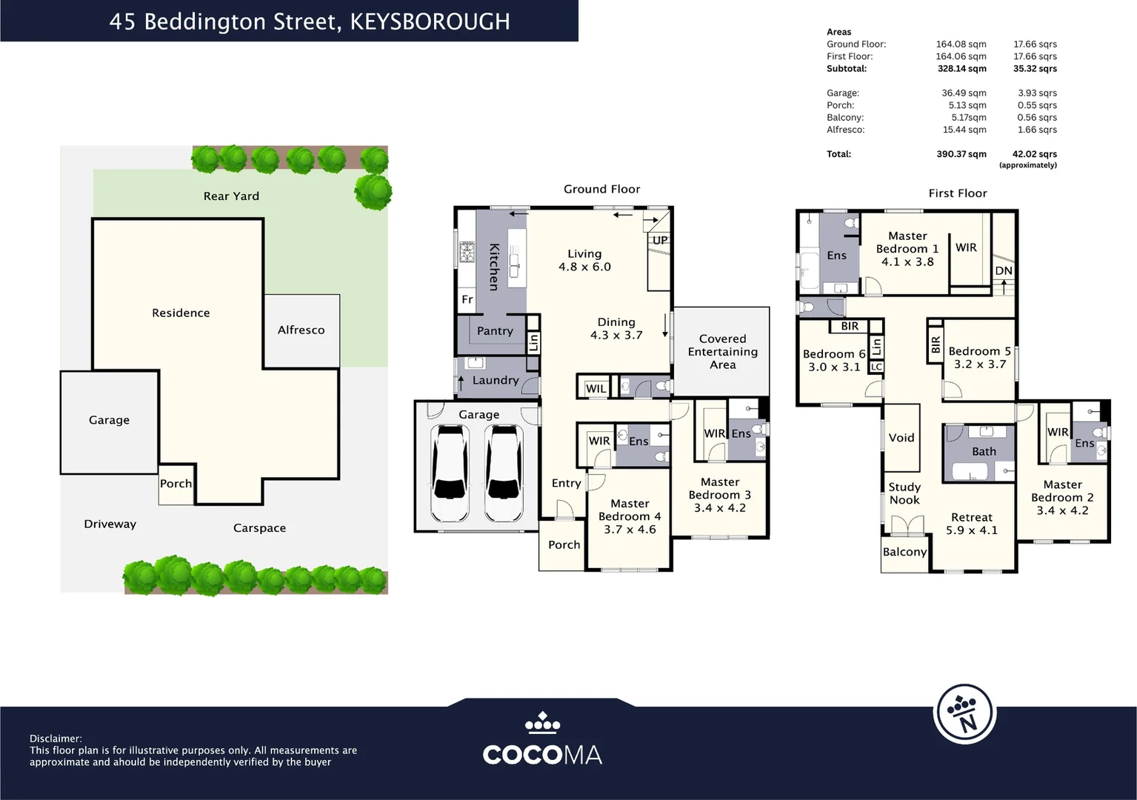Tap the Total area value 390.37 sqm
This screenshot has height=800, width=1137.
[x=961, y=154]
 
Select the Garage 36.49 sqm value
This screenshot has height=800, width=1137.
[x=964, y=93]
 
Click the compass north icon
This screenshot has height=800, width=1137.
[x=964, y=714]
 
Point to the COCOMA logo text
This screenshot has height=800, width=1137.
[x=542, y=755]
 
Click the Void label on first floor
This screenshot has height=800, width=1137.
[x=901, y=438]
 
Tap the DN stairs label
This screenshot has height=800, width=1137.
[x=1004, y=271]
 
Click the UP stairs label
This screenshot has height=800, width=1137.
[x=660, y=240]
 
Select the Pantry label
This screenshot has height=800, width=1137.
[x=495, y=331]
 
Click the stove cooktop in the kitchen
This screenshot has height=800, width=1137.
[x=467, y=253]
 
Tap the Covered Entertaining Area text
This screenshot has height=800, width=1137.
[x=722, y=352]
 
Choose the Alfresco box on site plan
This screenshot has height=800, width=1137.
[x=301, y=330]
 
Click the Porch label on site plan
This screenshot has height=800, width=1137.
[x=176, y=484]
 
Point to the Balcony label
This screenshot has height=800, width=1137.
[x=904, y=552]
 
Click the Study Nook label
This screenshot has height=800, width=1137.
[x=904, y=493]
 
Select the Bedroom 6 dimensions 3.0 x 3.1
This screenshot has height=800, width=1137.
[x=834, y=367]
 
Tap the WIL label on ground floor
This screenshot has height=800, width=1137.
[x=596, y=389]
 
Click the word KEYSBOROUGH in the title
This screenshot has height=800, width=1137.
[x=430, y=21]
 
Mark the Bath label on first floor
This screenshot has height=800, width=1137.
[x=984, y=452]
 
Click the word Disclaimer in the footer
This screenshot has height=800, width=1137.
[x=55, y=739]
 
